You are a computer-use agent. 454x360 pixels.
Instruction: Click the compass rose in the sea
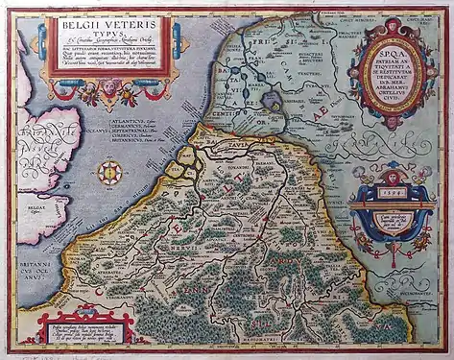108,173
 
